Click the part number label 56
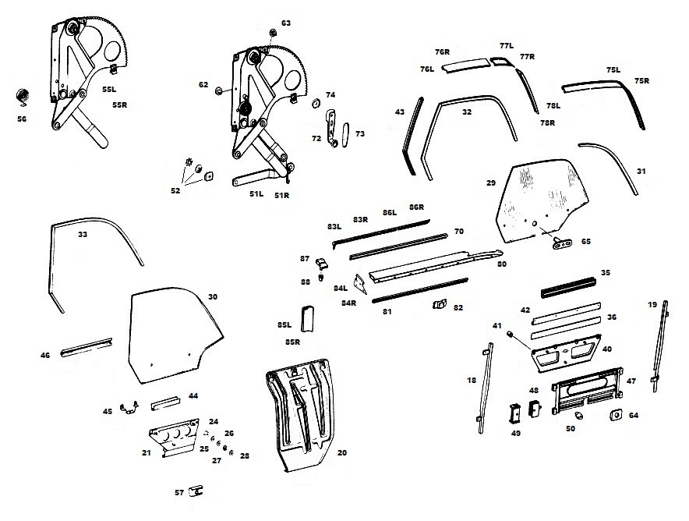(x=22, y=119)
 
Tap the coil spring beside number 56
(x=23, y=97)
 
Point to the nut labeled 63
(x=274, y=33)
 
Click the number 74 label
(x=330, y=94)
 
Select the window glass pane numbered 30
(x=176, y=336)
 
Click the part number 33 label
(x=82, y=233)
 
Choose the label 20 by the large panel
(x=341, y=452)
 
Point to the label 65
(x=585, y=242)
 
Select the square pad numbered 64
(x=614, y=415)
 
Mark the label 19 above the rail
(x=652, y=305)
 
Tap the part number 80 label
(x=502, y=264)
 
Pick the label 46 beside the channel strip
(x=45, y=356)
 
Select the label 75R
(x=642, y=81)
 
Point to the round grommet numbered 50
(x=570, y=418)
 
